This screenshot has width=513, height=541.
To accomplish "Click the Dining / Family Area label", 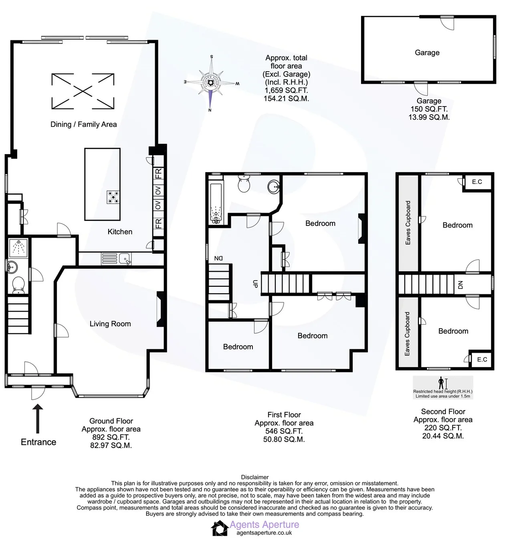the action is point(83,125).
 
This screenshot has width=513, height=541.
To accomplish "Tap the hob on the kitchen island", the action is point(113,197).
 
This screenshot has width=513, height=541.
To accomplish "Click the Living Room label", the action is point(110,324).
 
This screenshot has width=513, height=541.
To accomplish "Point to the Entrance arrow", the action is point(38,418).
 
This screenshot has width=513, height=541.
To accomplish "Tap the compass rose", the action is point(211,82).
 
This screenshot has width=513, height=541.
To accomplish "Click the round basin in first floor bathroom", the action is point(274,187).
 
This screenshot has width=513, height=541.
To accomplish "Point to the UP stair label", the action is point(255,284).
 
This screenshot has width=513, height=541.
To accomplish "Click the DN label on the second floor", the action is point(460,285).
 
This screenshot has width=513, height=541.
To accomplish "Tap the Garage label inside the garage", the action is point(427,52).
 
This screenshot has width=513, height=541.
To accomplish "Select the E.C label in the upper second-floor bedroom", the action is point(477,182).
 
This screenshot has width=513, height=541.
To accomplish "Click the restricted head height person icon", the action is point(441,383).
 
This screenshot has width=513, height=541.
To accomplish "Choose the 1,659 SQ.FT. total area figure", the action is point(286,90).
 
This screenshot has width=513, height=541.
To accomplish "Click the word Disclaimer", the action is point(255,477).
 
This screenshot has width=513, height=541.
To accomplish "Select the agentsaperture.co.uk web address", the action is point(264,533).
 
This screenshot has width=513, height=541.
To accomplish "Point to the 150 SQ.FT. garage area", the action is point(429,109).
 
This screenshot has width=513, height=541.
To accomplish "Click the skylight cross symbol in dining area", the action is point(83,91).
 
